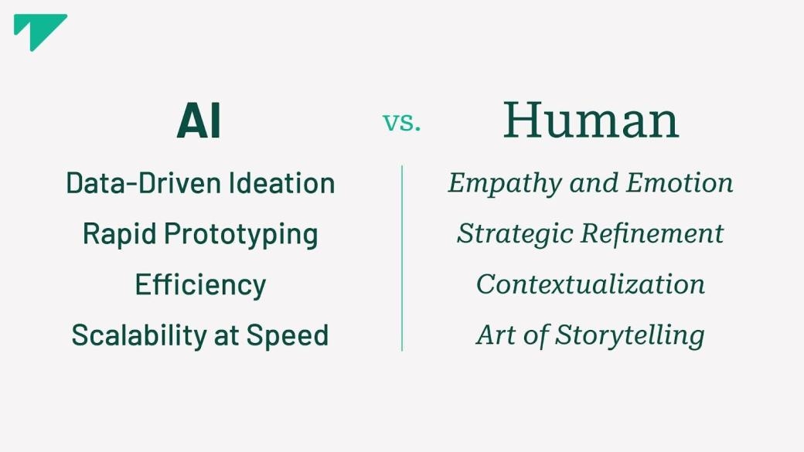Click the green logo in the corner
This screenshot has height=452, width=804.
coord(37,29)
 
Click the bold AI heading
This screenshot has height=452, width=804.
coord(199,121)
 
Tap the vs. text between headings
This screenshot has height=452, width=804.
coord(402,122)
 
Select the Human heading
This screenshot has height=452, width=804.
coord(591,121)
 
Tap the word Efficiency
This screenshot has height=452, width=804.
coord(200,285)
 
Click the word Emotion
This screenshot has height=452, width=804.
coord(680,183)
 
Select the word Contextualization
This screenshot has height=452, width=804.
coord(591,284)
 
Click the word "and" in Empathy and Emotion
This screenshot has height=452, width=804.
coord(595,183)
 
